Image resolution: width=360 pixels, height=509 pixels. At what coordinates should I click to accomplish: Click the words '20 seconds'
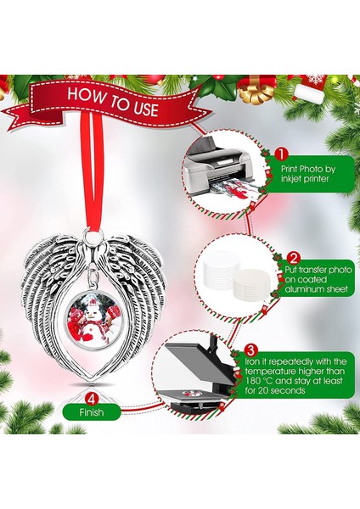[313, 416]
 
